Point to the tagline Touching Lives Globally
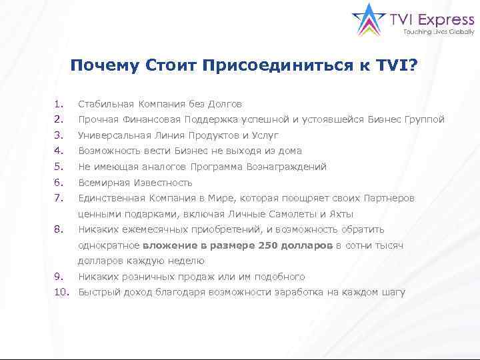433,31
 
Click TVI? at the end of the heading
397,65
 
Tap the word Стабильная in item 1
105,104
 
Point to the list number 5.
59,167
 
